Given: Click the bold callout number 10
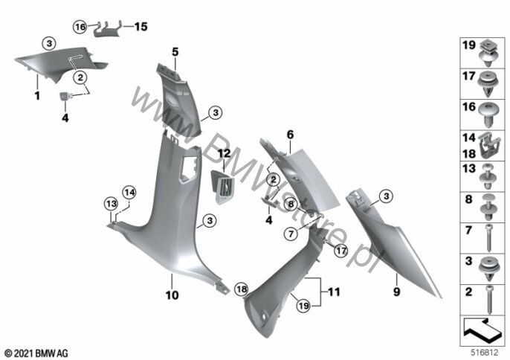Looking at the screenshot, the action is [x=172, y=295].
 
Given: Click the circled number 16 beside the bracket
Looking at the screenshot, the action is [x=80, y=27].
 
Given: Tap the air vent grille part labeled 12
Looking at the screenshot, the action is [x=223, y=187].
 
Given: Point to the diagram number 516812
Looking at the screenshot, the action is [x=485, y=352].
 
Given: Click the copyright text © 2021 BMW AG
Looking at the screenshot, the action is [x=36, y=353].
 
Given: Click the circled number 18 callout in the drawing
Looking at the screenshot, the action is [x=241, y=289].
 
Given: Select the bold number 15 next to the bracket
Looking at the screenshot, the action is [x=141, y=27].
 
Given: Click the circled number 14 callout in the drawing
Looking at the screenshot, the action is [x=129, y=193].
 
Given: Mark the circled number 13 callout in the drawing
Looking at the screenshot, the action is [x=112, y=204].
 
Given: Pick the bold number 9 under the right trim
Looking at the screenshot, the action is [x=396, y=292].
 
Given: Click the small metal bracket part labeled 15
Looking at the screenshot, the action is [x=107, y=30].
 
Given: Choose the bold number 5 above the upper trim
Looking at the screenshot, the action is [x=175, y=52].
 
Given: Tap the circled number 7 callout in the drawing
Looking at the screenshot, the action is [x=291, y=234].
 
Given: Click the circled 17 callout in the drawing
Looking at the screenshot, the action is [x=340, y=251].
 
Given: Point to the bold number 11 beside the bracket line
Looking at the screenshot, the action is [x=334, y=292].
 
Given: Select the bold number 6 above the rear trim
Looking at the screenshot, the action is [x=290, y=135].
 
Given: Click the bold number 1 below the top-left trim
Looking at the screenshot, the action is [x=37, y=96].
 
